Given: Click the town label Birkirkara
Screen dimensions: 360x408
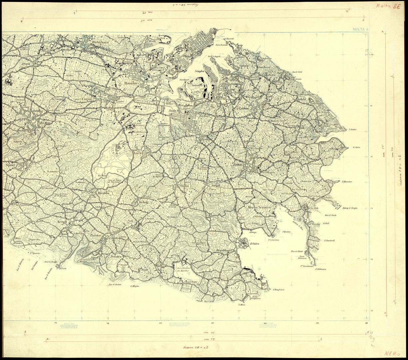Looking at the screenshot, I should pos(101,43).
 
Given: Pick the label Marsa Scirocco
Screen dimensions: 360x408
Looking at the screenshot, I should pos(259,207).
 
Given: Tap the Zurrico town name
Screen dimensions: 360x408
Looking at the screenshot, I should pos(95,235).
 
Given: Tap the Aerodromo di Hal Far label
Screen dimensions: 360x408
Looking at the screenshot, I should pos(185,269).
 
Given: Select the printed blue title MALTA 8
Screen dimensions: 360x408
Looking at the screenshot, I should pos(360,29).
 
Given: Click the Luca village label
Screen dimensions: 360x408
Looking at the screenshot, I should pos(138,153).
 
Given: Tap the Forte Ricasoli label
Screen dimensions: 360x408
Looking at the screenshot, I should pos(221,45).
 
